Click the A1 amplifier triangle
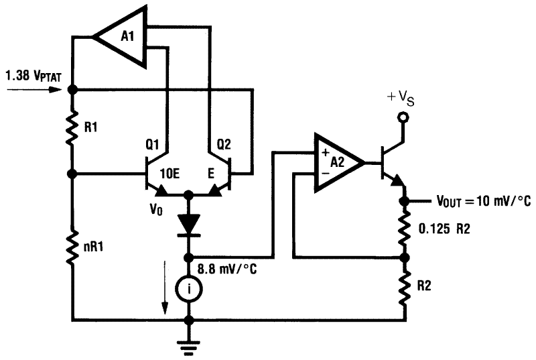(123, 37)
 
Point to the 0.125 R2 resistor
(404, 227)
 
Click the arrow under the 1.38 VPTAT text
(33, 89)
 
